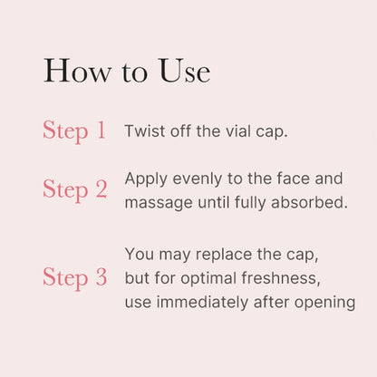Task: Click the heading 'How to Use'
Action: [x=126, y=71]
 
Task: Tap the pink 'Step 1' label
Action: [x=74, y=130]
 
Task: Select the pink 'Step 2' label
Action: [x=74, y=189]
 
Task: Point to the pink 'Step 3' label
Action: [x=74, y=277]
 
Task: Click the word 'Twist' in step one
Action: [x=143, y=130]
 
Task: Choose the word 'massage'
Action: [x=157, y=202]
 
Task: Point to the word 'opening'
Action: [x=325, y=302]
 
